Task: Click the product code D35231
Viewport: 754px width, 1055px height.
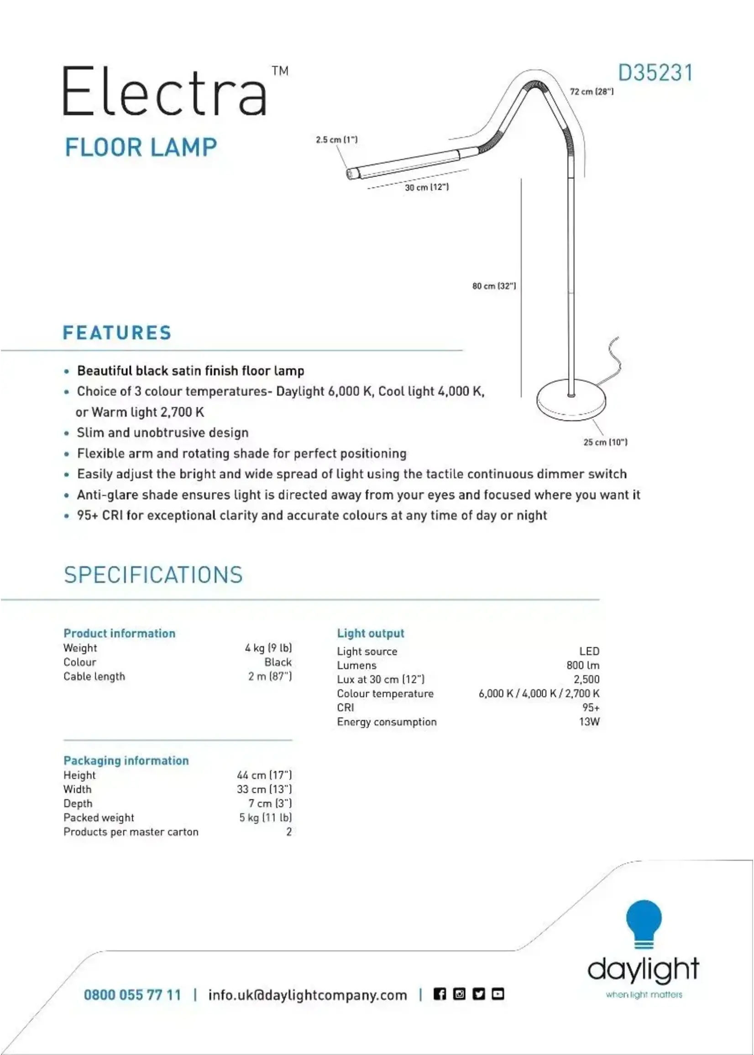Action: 655,73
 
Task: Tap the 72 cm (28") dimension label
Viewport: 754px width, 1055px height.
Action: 592,92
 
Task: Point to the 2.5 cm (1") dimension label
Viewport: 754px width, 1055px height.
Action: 337,140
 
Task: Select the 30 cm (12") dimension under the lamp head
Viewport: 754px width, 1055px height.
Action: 427,187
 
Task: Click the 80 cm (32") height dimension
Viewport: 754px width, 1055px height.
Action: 494,286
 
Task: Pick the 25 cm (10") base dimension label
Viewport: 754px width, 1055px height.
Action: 605,442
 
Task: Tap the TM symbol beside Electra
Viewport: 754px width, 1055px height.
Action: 280,71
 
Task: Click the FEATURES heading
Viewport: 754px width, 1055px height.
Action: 117,333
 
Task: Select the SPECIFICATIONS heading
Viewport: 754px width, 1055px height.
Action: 153,575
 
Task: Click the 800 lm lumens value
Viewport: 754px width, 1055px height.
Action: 583,665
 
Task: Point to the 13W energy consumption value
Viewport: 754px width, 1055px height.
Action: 589,722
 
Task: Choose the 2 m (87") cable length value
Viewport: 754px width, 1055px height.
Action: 270,676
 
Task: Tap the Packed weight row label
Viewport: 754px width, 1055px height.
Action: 99,817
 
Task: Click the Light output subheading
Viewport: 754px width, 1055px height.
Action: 371,633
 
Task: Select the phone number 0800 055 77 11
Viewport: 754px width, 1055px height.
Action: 132,995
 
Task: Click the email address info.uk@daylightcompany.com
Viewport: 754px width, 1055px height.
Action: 307,995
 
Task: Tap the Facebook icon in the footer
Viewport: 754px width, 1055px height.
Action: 440,994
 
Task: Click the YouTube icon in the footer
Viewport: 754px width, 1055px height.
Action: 497,994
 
